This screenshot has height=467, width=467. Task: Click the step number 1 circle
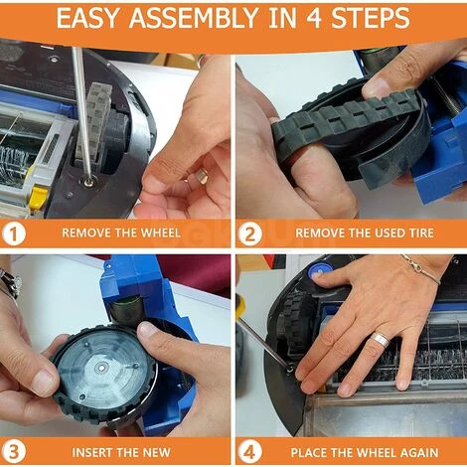(x=14, y=233)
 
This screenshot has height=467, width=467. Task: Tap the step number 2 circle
(x=250, y=233)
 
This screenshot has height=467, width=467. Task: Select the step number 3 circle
(x=14, y=452)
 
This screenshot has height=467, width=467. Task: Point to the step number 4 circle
(x=250, y=452)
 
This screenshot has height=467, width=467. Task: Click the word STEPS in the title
(x=371, y=18)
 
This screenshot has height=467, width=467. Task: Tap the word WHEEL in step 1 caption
(x=161, y=233)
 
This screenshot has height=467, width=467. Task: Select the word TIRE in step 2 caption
(x=421, y=233)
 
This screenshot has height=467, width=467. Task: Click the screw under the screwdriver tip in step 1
(x=88, y=181)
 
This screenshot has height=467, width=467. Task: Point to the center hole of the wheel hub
(x=101, y=367)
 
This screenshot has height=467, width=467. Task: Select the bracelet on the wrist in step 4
(x=421, y=269)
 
